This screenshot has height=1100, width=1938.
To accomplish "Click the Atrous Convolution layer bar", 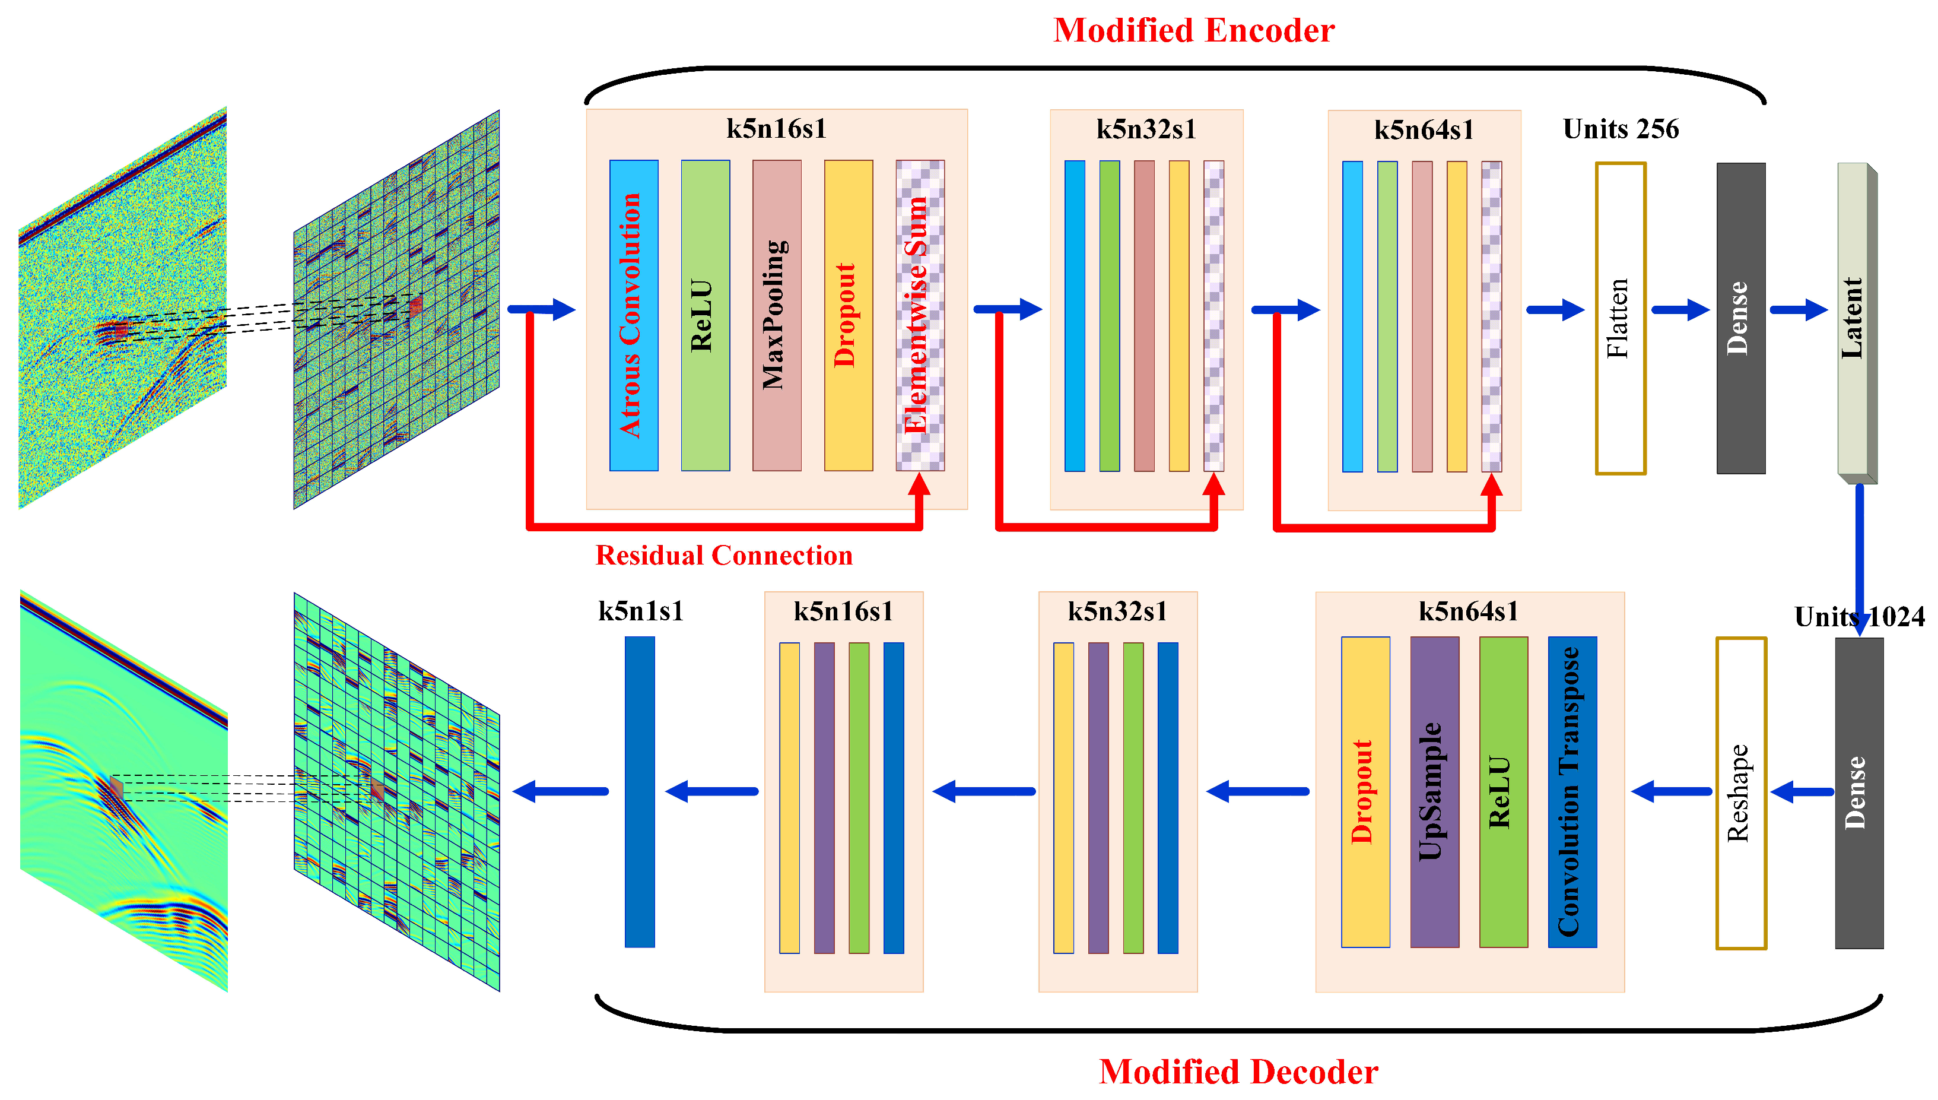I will (633, 315).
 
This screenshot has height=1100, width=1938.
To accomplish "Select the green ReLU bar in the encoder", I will (705, 315).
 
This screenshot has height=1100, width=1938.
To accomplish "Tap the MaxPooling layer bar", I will (776, 315).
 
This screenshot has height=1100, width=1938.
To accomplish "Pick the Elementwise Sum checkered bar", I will (920, 315).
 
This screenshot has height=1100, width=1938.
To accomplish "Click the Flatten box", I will (1619, 318).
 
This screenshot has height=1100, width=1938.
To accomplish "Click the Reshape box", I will (1740, 792).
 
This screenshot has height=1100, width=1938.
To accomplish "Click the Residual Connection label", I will (723, 555).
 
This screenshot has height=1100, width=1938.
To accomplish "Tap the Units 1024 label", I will (1858, 616).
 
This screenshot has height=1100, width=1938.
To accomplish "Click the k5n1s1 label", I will (640, 610).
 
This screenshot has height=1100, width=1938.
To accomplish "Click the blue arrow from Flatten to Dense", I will (1680, 310).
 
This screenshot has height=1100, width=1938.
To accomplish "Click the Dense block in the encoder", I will (1740, 318).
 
